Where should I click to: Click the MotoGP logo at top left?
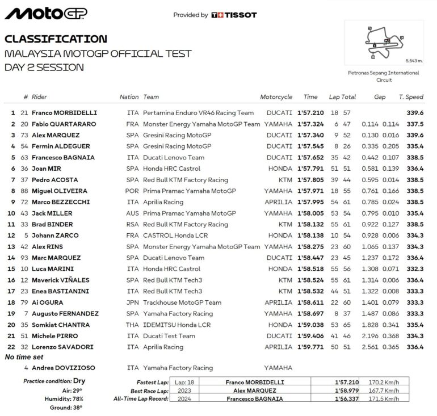click(46, 14)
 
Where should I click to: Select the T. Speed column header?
click(410, 97)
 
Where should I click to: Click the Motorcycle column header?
click(276, 97)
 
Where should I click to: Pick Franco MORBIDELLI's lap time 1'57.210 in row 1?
click(310, 113)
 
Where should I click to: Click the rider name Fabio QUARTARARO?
click(64, 124)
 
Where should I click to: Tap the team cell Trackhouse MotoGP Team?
click(182, 302)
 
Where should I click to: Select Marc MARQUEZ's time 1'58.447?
click(310, 258)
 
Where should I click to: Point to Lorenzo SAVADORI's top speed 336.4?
click(415, 347)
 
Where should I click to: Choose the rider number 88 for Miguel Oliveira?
click(24, 191)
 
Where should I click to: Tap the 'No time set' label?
click(24, 357)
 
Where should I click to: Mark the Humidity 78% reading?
click(74, 399)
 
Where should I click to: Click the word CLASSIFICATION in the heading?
click(56, 39)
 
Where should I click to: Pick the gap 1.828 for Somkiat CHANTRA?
click(370, 325)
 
